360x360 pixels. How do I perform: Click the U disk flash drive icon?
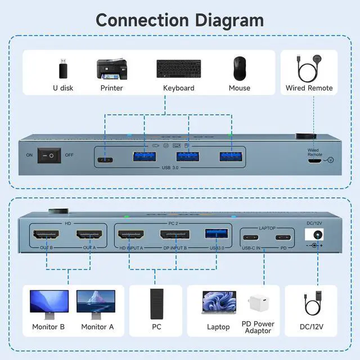coord(64,70)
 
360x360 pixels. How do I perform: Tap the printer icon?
coord(111,69)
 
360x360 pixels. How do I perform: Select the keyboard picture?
coord(178,69)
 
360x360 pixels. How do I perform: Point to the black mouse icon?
coord(240,69)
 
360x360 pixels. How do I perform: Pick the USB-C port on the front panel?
coord(105,159)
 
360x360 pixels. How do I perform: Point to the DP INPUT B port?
coord(175,235)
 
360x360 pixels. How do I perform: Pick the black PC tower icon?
coord(157,304)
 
